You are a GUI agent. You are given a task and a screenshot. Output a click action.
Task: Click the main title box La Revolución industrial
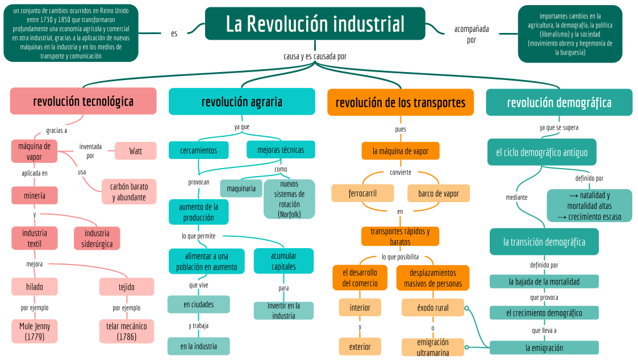tap(315, 24)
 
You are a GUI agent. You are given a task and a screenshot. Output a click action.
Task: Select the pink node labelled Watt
tap(136, 151)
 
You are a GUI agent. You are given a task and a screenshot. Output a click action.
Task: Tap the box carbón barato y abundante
tap(129, 192)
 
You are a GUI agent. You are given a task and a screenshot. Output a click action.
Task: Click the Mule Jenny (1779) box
tap(35, 332)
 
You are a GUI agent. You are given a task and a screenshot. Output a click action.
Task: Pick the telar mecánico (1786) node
tap(126, 332)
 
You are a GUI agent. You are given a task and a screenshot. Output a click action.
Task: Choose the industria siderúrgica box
tap(97, 238)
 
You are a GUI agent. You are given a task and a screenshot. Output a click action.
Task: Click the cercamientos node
tap(199, 150)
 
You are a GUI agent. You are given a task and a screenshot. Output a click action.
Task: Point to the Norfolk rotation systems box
tap(289, 199)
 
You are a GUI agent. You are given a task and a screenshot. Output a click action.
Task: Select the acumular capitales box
tap(283, 261)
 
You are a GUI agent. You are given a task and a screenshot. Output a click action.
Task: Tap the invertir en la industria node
tap(283, 311)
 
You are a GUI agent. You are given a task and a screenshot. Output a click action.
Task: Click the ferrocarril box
tap(363, 194)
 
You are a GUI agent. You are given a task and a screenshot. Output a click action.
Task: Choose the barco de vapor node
tap(439, 194)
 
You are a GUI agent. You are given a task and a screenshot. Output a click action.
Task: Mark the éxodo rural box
tap(433, 308)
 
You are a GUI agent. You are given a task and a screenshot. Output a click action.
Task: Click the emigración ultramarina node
tap(433, 347)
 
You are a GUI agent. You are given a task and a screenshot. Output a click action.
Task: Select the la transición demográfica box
tap(544, 242)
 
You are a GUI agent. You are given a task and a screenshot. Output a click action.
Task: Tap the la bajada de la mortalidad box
tap(544, 282)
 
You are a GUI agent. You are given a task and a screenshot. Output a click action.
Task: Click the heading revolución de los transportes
tap(401, 103)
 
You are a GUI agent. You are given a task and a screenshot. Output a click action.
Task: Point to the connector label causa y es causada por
tap(315, 56)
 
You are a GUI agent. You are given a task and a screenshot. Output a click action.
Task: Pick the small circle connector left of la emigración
tap(467, 347)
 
